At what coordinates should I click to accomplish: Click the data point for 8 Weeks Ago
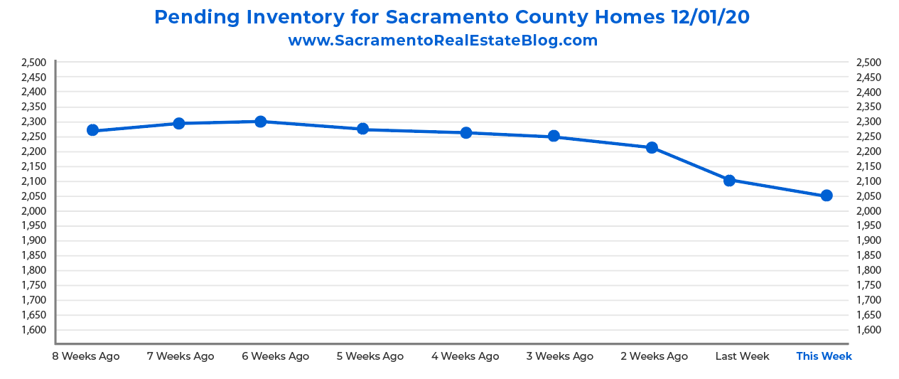tap(92, 130)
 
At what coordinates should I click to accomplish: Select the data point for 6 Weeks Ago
tap(260, 122)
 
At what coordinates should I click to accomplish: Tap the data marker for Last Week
tap(729, 181)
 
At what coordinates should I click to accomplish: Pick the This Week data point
tap(827, 196)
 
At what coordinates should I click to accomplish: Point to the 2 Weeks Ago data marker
tap(652, 148)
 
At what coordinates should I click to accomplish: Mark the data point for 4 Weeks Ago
tap(466, 133)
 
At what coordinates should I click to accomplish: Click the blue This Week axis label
tap(824, 356)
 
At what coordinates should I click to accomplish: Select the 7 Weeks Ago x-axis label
tap(181, 356)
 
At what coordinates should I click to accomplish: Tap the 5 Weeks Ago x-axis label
tap(370, 356)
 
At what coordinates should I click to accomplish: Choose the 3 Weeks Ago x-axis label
tap(560, 356)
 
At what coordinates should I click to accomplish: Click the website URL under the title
tap(443, 41)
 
